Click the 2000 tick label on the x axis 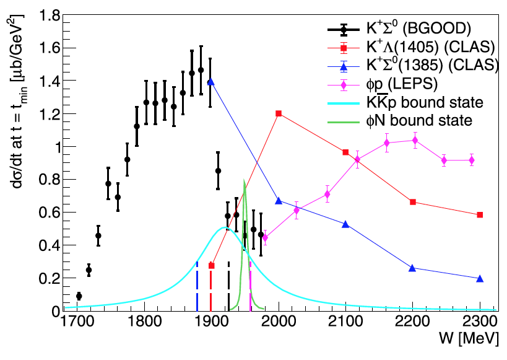[x=279, y=323]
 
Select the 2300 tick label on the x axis [x=480, y=323]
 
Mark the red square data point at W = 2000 [x=279, y=113]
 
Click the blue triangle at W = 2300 [x=480, y=278]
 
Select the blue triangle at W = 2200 [x=413, y=268]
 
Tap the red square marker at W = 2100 [x=345, y=152]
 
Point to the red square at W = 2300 [x=480, y=214]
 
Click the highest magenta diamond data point [x=414, y=140]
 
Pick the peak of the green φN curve [x=245, y=180]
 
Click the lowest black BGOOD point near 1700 [x=79, y=296]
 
